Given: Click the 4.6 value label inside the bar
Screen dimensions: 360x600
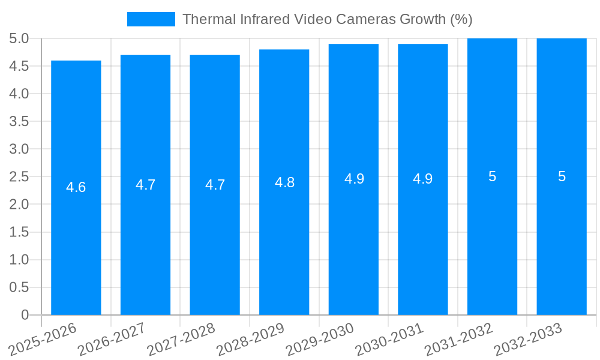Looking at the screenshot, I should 76,187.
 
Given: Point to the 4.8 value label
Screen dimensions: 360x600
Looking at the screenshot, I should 284,182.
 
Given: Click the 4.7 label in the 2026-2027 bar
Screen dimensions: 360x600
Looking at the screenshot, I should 146,185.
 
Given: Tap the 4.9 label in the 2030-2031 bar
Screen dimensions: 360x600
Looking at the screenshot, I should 423,179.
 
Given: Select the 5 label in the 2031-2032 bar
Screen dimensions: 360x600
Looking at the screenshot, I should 492,176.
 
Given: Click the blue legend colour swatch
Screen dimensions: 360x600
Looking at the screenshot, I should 151,19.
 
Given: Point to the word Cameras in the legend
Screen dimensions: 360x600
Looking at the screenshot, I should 365,19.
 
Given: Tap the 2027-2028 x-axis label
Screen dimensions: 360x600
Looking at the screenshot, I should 182,339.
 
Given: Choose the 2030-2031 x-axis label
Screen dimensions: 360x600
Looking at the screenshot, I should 390,339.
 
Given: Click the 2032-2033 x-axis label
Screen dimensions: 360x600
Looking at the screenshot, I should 529,339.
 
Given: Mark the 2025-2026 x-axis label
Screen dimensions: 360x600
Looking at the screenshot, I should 43,339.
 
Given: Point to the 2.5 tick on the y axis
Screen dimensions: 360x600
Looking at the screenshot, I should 19,176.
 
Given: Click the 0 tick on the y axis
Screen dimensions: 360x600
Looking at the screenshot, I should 25,315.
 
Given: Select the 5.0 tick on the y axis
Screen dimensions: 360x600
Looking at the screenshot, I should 19,38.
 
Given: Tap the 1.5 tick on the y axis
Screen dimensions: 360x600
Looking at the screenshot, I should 19,232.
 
